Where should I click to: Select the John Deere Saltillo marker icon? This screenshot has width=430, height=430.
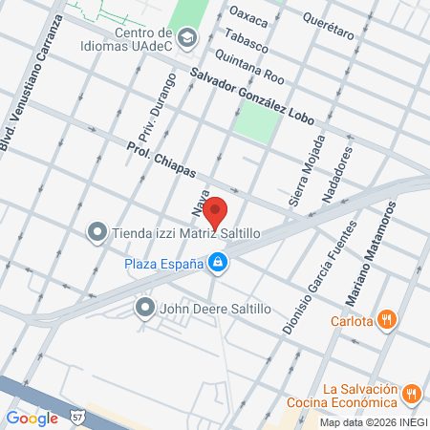coord(144,307)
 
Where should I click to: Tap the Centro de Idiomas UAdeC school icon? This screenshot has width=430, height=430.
coord(187,38)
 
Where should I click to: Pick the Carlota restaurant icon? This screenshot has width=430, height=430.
coord(387,320)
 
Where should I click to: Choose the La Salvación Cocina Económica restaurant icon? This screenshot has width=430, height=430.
coord(412,393)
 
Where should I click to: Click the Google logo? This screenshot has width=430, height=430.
coord(32,417)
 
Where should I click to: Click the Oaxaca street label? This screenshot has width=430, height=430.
coord(250,17)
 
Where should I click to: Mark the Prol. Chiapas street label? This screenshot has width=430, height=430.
coord(161,160)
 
